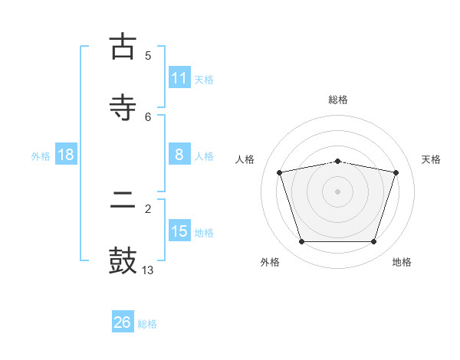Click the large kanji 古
123,46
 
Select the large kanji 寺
123,107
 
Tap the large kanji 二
123,199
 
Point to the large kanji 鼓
123,260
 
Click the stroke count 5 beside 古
148,56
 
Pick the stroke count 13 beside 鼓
147,270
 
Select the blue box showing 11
180,77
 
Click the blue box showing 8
180,154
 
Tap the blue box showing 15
180,231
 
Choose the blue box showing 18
66,154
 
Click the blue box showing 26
123,321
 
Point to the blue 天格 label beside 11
204,80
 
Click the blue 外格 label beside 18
41,156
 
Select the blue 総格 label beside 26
147,324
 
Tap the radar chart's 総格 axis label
338,100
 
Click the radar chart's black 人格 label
245,159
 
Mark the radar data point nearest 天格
396,172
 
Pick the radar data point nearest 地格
374,241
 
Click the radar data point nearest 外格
302,241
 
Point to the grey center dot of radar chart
337,191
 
